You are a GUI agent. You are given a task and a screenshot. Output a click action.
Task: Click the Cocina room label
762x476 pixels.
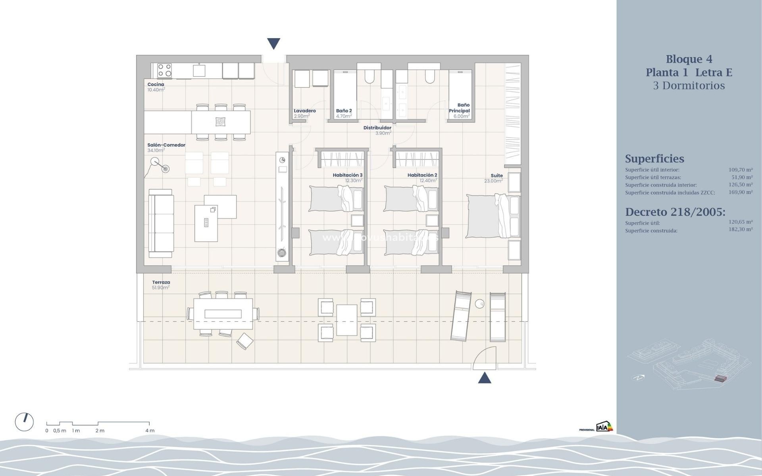(x=156, y=84)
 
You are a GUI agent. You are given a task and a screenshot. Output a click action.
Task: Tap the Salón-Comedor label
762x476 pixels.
(x=166, y=145)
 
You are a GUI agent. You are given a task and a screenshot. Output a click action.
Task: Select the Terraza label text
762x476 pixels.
(x=161, y=282)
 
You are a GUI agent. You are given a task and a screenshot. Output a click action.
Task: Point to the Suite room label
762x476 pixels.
(x=496, y=176)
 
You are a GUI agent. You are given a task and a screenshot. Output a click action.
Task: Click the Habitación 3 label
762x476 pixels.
(x=348, y=175)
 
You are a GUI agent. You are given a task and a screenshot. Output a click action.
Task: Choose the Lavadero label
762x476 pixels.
(x=305, y=111)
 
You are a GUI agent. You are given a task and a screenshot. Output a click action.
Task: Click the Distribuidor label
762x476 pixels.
(x=377, y=128)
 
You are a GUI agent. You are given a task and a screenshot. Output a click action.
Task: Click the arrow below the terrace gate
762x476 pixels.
(x=485, y=378)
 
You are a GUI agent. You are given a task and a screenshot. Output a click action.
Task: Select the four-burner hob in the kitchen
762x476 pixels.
(x=165, y=71)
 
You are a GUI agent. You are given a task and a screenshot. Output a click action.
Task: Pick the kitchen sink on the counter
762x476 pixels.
(x=199, y=71)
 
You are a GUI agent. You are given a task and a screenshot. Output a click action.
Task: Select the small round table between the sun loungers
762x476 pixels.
(x=480, y=304)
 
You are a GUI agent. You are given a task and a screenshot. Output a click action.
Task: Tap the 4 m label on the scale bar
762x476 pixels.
(x=150, y=431)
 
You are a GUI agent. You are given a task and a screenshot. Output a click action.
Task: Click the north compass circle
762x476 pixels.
(x=24, y=422)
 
